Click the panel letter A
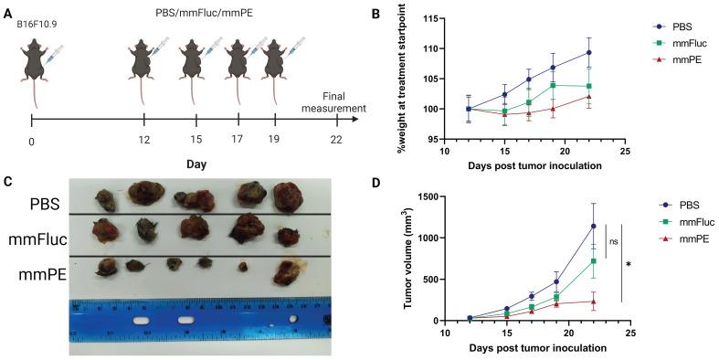9,12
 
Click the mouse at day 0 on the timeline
35,62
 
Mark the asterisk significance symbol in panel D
629,264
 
